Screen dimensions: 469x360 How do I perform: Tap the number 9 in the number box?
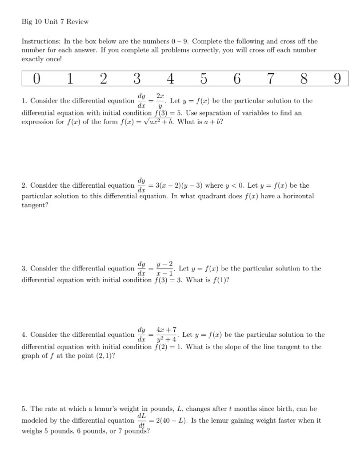(x=337, y=79)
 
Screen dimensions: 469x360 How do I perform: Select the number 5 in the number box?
(x=203, y=79)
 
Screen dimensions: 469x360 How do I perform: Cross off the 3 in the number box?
(x=137, y=79)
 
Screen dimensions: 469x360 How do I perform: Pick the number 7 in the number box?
(x=270, y=79)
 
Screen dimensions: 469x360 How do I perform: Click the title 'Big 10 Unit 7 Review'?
(x=55, y=21)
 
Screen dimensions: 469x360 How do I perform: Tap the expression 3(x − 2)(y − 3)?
(x=177, y=185)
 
